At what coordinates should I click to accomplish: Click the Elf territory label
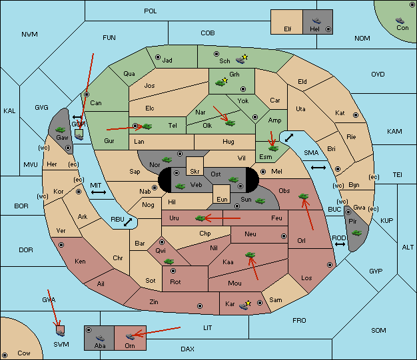coord(288,29)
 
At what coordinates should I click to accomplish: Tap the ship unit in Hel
coord(316,21)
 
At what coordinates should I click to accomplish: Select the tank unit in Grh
coord(220,83)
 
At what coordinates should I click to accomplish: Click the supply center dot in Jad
coord(158,57)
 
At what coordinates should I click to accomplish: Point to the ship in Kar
coord(243,306)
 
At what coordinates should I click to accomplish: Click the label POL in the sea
coord(151,11)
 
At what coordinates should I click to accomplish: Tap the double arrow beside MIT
coord(99,192)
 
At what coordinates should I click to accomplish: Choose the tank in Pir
coord(356,233)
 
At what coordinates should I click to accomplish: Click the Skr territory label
coord(195,172)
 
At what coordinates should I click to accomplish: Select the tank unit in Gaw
coord(61,130)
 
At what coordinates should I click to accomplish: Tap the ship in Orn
coord(130,337)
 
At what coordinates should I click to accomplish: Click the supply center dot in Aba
coord(89,330)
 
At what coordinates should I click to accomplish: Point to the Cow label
coord(24,353)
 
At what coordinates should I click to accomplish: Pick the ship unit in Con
coord(400,21)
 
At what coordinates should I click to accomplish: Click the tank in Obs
coord(304,196)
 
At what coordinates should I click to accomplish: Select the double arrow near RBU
coord(128,222)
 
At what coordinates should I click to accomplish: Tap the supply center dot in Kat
coord(356,115)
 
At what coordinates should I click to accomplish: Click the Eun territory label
coord(222,199)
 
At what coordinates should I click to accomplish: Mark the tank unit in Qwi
coord(169,262)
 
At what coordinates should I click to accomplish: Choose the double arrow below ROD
coord(340,244)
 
